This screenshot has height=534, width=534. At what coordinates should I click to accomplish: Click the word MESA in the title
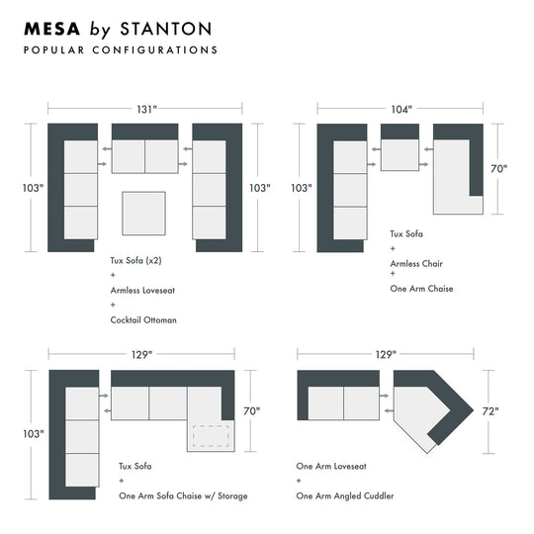[x=50, y=29]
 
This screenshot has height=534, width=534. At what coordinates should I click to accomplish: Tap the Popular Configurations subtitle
[x=120, y=49]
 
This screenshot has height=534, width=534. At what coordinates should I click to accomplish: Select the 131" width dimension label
[x=146, y=110]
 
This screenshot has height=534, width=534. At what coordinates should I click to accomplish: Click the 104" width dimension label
[x=400, y=110]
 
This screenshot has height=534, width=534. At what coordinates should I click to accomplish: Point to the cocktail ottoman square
[x=144, y=215]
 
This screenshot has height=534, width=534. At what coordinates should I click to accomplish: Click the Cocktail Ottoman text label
[x=143, y=320]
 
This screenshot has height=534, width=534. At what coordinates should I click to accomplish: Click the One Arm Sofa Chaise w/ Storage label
[x=183, y=494]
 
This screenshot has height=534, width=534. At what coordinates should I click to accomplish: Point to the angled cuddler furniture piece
[x=427, y=407]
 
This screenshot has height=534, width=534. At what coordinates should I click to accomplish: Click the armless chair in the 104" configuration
[x=400, y=156]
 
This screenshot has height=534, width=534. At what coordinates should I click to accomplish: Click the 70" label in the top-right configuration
[x=498, y=168]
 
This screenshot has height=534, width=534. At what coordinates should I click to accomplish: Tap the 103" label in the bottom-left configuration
[x=33, y=433]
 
